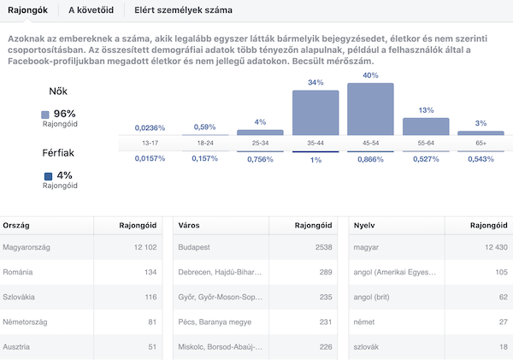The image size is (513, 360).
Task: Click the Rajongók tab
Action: point(27,10)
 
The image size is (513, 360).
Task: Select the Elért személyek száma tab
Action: point(183,10)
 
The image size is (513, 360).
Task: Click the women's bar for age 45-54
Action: point(370,109)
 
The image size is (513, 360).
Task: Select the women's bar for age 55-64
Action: point(425,127)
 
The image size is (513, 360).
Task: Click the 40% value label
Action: point(370,76)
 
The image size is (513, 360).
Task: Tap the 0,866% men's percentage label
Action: point(370,160)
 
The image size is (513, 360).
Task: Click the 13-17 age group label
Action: point(150,144)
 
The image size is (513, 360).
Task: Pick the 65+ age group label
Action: point(480,144)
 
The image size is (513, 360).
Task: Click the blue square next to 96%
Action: point(46,115)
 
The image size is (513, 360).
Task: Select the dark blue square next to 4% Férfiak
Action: point(47,176)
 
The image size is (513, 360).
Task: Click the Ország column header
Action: point(19,226)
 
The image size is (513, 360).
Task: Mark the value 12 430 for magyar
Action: point(491,247)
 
